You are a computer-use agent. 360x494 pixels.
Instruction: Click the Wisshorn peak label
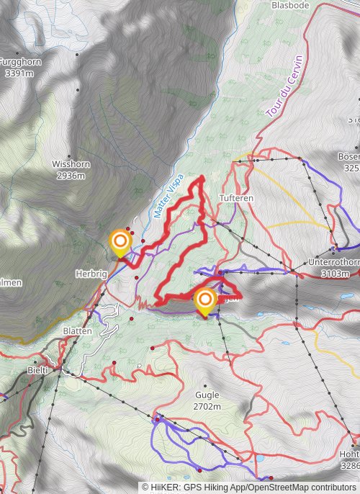(71, 164)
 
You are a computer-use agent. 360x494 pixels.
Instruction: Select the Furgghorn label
(20, 62)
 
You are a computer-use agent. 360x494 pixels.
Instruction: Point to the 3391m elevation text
(19, 73)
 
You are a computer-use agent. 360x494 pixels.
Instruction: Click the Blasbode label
(290, 4)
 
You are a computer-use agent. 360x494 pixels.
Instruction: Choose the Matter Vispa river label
(169, 196)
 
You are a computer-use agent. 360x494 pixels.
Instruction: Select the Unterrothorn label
(333, 262)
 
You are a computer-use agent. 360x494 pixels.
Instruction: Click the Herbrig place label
(91, 274)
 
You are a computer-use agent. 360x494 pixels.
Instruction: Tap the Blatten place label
(77, 331)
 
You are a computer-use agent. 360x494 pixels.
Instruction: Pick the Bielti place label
(37, 369)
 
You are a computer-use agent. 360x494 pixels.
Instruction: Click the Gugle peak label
(207, 395)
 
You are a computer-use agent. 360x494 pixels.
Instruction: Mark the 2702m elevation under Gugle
(207, 406)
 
